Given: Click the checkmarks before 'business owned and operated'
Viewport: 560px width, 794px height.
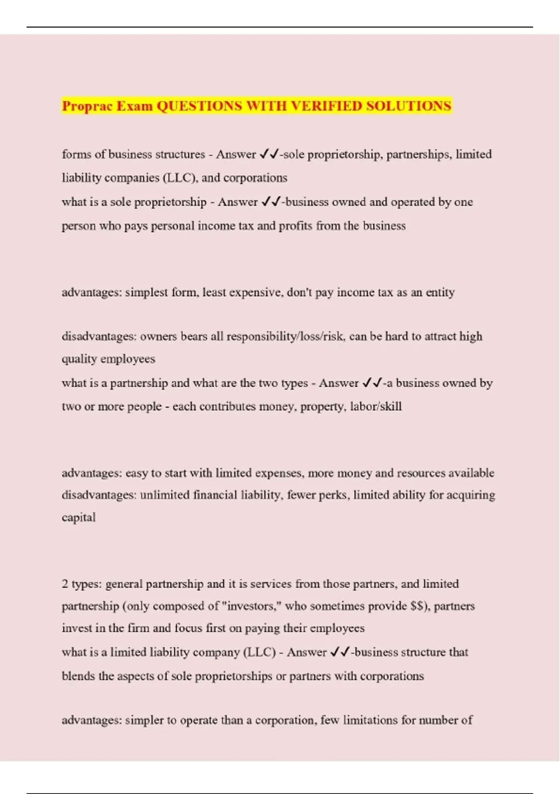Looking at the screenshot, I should pos(271,202).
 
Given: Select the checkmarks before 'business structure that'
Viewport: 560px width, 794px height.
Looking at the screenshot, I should pos(340,652).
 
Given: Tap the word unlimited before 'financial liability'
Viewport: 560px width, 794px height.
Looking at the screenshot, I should pos(165,495).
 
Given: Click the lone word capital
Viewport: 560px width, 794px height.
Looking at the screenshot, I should pos(78,518).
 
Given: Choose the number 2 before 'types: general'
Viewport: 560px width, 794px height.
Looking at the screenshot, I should pos(65,584).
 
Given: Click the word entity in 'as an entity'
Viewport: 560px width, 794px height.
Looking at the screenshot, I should pos(440,292).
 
